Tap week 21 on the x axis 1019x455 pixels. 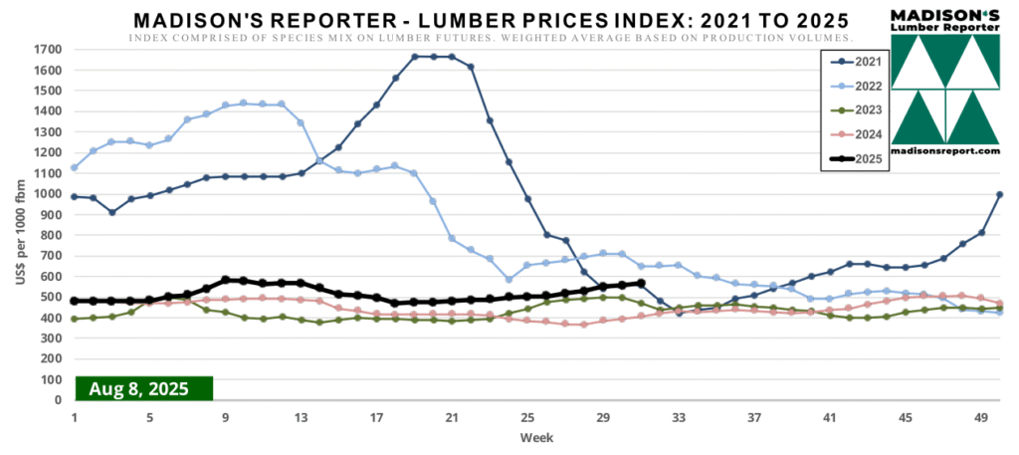coord(452,417)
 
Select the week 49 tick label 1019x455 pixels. coord(981,417)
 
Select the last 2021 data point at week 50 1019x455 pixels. coord(999,194)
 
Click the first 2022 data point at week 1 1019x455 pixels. coord(75,167)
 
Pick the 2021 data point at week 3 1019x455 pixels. coord(112,212)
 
